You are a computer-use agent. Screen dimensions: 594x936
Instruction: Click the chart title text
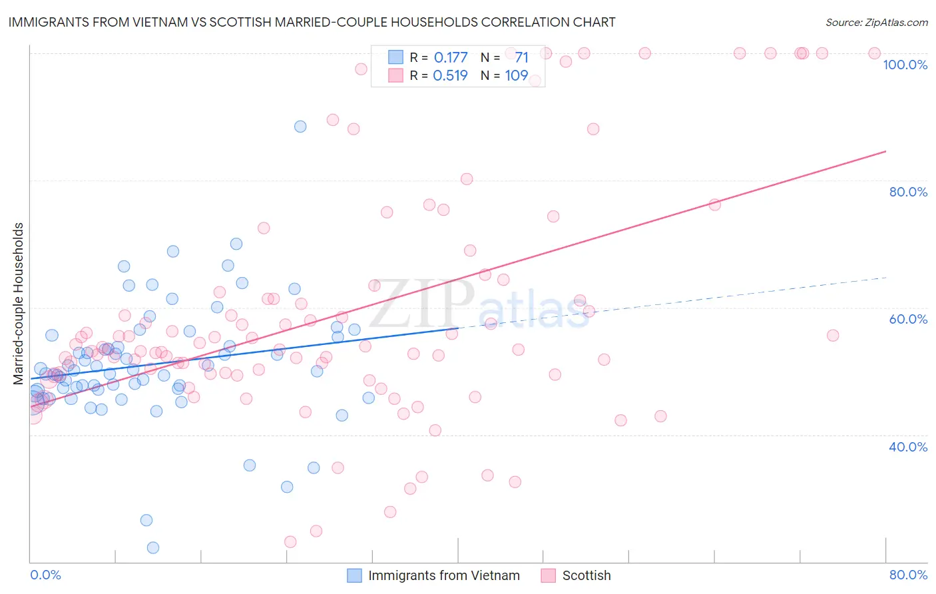pyautogui.click(x=312, y=22)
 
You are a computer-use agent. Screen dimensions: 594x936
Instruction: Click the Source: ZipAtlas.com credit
pyautogui.click(x=876, y=22)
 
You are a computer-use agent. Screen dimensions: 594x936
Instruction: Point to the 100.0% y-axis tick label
pyautogui.click(x=905, y=65)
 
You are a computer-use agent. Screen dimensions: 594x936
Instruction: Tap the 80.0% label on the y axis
pyautogui.click(x=908, y=192)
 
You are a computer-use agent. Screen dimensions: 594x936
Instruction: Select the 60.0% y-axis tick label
pyautogui.click(x=908, y=319)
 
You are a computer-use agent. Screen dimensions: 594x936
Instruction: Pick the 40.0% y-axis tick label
pyautogui.click(x=908, y=447)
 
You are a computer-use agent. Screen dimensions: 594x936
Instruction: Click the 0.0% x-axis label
pyautogui.click(x=46, y=575)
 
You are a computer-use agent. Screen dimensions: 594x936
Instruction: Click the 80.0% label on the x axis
pyautogui.click(x=908, y=575)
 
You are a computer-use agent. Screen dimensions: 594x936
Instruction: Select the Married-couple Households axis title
pyautogui.click(x=19, y=304)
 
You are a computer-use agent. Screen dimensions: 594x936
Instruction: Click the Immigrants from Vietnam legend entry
pyautogui.click(x=443, y=575)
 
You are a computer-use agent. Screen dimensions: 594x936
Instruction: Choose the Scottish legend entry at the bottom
pyautogui.click(x=586, y=575)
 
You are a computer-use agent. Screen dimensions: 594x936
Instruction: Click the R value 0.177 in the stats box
pyautogui.click(x=451, y=57)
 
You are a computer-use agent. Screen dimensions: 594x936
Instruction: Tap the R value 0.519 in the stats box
pyautogui.click(x=451, y=75)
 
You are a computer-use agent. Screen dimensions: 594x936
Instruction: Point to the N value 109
pyautogui.click(x=517, y=75)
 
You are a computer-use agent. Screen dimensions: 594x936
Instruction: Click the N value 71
pyautogui.click(x=521, y=57)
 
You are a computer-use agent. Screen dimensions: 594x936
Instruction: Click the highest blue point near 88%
pyautogui.click(x=300, y=127)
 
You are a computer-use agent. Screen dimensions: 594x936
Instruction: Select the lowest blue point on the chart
pyautogui.click(x=153, y=547)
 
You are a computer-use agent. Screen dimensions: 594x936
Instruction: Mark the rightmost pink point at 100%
pyautogui.click(x=875, y=53)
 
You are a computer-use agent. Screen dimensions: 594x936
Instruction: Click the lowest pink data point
pyautogui.click(x=290, y=542)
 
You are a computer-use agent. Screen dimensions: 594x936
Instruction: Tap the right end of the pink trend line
pyautogui.click(x=885, y=151)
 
